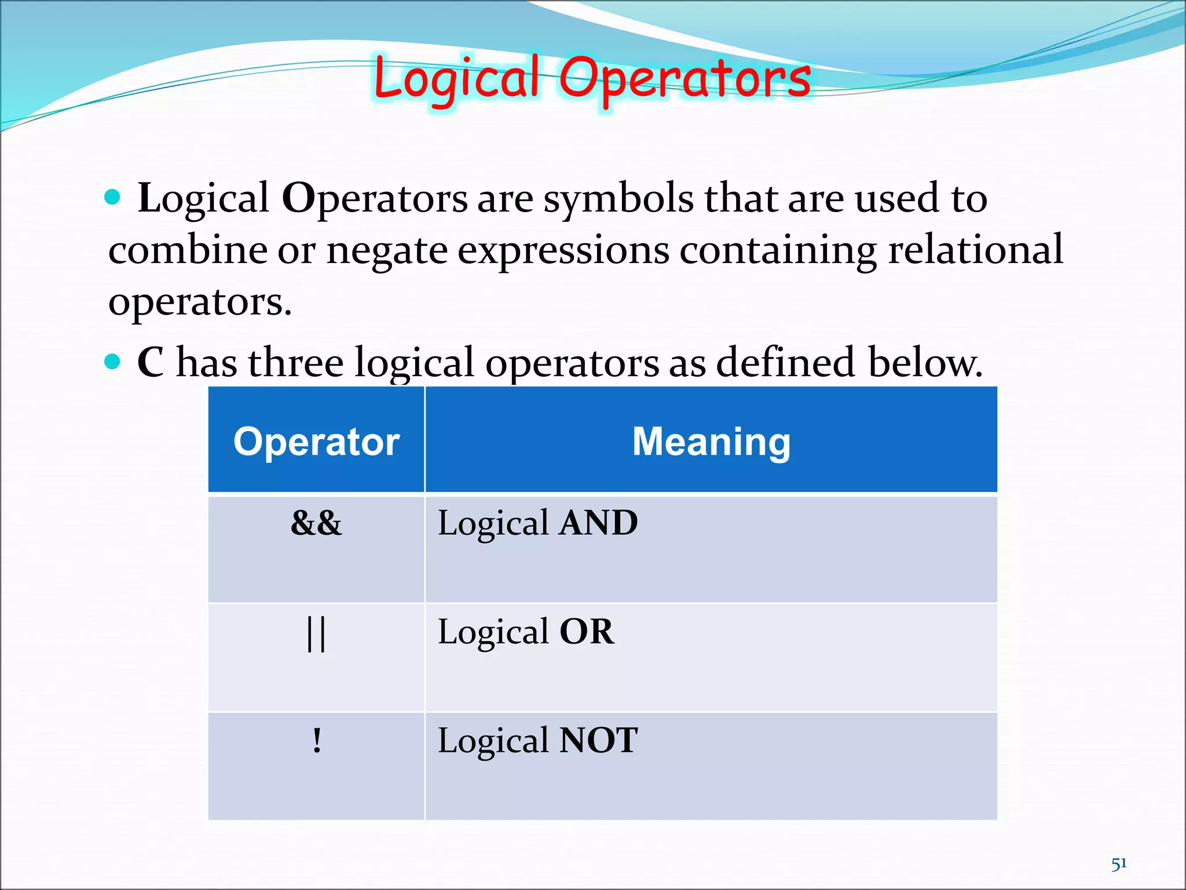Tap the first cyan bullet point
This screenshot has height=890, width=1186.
(112, 198)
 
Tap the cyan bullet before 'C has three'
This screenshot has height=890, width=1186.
(112, 362)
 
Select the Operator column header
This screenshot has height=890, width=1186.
(316, 442)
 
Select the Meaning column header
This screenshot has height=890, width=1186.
(711, 442)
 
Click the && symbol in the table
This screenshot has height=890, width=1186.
(316, 523)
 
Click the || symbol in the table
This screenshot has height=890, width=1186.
(316, 633)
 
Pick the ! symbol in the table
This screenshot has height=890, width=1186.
(316, 741)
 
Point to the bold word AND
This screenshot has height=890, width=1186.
(598, 523)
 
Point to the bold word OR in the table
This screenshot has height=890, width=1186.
(586, 632)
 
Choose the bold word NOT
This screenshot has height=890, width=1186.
(598, 741)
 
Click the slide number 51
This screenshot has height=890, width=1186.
(1119, 864)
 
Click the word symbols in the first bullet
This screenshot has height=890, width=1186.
(618, 199)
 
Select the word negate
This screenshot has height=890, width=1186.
(387, 251)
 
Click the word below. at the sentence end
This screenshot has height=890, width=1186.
(925, 363)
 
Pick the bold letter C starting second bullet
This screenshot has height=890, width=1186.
(150, 363)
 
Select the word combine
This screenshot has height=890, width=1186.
(188, 250)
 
